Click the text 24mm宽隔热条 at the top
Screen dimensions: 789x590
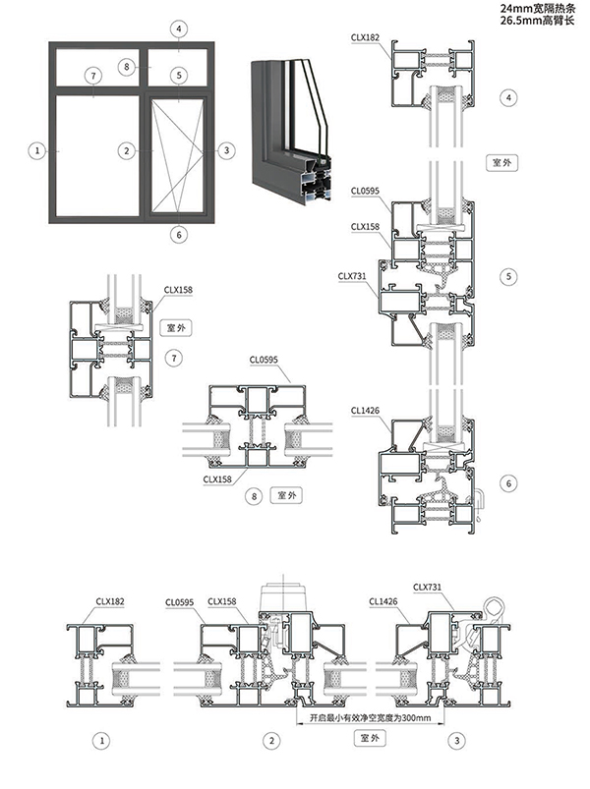(x=535, y=8)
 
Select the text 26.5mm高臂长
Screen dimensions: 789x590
(x=535, y=20)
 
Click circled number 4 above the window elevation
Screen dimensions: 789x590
(x=178, y=28)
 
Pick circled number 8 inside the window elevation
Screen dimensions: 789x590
(x=126, y=66)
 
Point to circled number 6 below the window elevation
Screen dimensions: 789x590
(x=178, y=234)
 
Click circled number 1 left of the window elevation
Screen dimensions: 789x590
(x=37, y=150)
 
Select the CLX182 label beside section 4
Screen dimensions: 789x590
(x=366, y=36)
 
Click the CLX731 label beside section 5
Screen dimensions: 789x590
(x=352, y=276)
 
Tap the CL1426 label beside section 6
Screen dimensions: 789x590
(x=365, y=409)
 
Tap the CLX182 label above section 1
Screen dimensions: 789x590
(x=109, y=600)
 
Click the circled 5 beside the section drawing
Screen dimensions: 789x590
(x=508, y=277)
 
